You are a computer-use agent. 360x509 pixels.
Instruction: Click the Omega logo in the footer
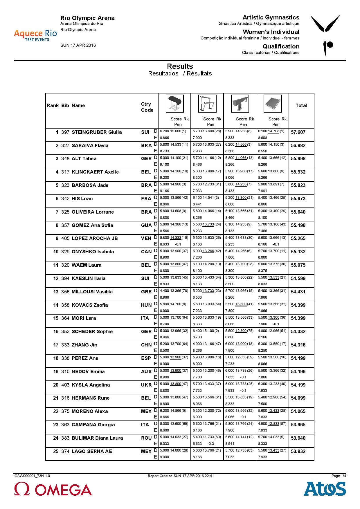(53, 489)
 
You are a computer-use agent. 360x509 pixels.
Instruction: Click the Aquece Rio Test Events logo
(35, 35)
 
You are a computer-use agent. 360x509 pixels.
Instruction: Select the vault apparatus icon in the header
(174, 104)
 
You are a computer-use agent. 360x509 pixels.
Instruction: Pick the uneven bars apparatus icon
(207, 104)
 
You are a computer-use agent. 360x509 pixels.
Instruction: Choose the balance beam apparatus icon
(240, 104)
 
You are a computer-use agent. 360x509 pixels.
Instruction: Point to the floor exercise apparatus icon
(273, 104)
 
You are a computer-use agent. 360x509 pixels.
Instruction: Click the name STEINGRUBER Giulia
(97, 132)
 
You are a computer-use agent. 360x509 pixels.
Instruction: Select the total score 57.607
(298, 132)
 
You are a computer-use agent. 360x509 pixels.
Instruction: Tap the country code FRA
(146, 199)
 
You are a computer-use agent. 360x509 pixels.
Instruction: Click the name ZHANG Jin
(84, 345)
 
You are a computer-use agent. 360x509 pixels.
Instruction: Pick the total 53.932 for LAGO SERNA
(298, 452)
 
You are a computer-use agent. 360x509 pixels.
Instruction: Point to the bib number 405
(65, 239)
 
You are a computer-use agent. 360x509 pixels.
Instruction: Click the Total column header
(301, 106)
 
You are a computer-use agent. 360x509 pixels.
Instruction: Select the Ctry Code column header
(147, 107)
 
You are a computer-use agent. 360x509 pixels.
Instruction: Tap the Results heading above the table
(180, 66)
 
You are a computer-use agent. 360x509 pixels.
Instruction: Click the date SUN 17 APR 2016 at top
(78, 45)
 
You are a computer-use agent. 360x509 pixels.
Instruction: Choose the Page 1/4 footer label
(339, 476)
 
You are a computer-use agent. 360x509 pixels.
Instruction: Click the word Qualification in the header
(281, 46)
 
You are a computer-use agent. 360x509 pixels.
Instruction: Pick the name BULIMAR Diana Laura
(97, 438)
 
